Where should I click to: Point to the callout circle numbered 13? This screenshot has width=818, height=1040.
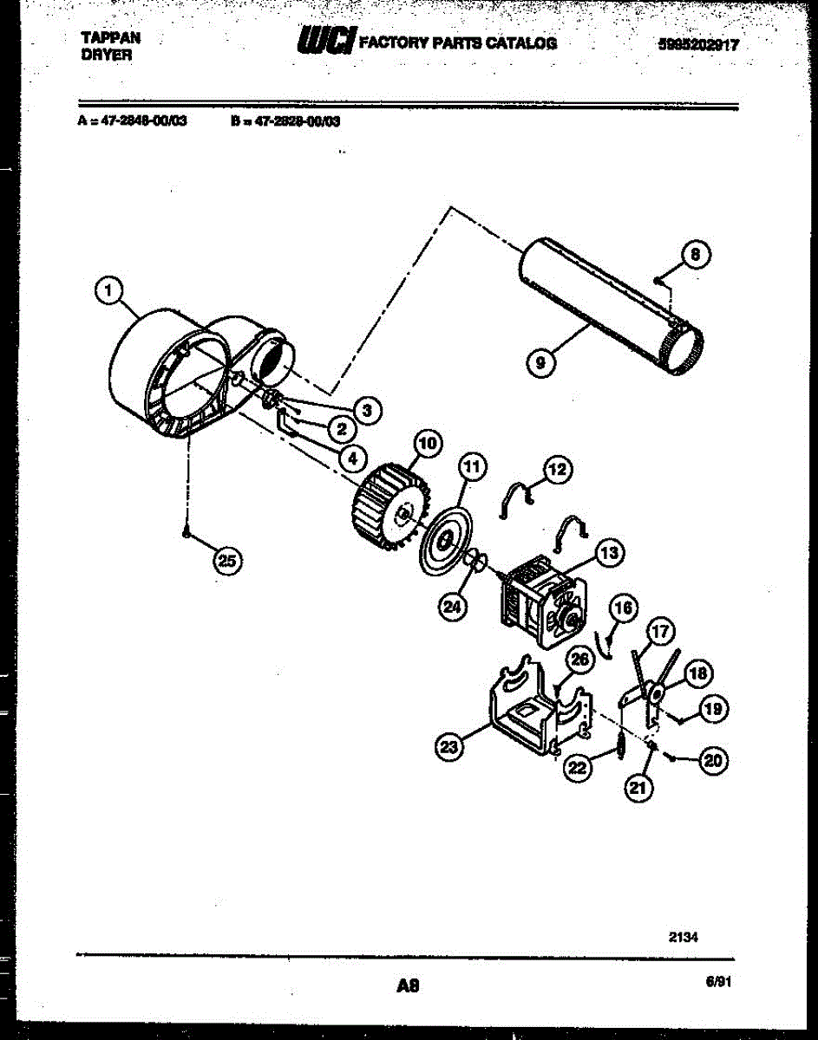point(608,552)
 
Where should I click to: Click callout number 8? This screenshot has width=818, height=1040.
point(693,255)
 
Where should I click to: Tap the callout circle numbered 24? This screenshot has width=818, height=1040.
point(451,606)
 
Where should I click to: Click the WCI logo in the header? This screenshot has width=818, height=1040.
point(324,41)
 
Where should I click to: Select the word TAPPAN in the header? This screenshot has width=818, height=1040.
point(110,38)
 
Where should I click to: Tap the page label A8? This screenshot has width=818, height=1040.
point(407,985)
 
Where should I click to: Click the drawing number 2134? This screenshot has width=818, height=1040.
point(684,936)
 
